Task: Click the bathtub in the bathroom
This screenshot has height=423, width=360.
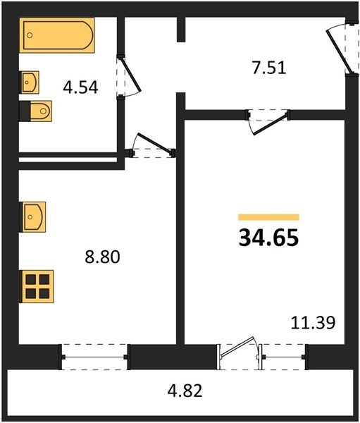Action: pos(57,35)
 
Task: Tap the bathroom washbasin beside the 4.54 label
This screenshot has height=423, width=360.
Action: pos(29,82)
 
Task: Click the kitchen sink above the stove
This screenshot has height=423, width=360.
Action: pos(32,217)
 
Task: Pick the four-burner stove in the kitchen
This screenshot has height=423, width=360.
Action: pos(37,286)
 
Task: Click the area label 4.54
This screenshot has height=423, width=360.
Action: pos(80,87)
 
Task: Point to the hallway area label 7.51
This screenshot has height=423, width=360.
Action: pos(269,68)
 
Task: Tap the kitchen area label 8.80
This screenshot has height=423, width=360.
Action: pos(102,257)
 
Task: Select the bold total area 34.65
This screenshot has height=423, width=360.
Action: pos(268,238)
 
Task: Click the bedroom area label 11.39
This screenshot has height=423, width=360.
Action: pos(313,323)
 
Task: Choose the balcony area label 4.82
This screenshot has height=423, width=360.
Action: pos(185,391)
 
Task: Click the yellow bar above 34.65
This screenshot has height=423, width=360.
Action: pos(268,217)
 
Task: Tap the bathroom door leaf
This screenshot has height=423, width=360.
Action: pos(130,73)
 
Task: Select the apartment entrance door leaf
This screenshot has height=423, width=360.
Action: pos(339,51)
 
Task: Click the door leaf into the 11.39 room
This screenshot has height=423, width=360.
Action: pos(271,125)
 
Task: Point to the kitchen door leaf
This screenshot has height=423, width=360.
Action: pos(156,144)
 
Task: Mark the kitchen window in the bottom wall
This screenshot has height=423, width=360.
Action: pos(94,357)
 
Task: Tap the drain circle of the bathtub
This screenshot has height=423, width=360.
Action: pos(30,35)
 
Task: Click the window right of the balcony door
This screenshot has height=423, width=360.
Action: pos(283,357)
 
